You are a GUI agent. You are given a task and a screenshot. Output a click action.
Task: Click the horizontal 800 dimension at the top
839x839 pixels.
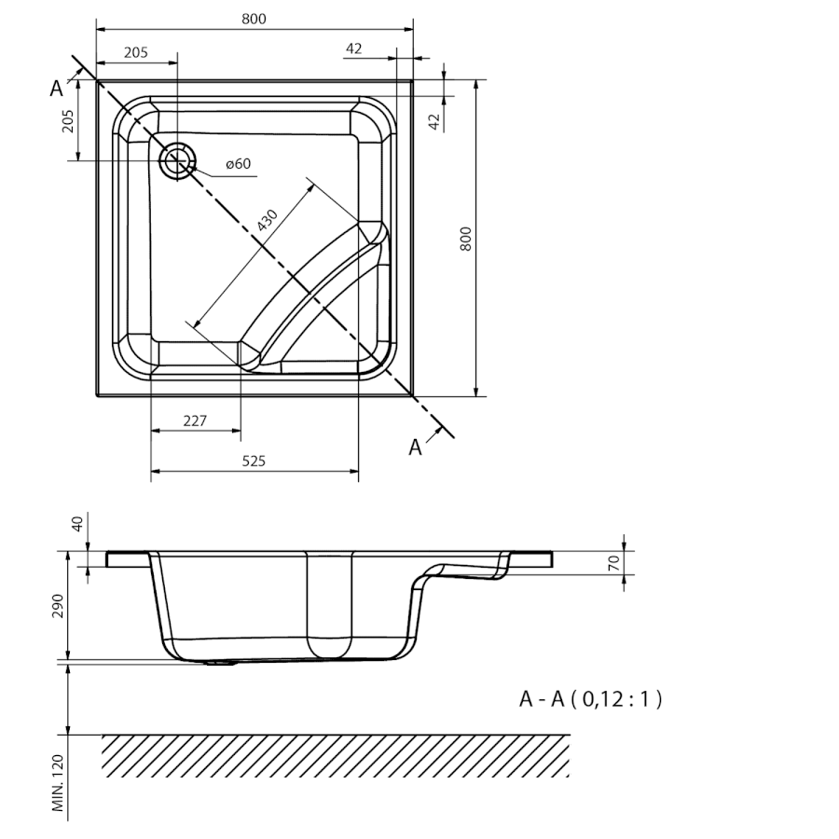coord(254,20)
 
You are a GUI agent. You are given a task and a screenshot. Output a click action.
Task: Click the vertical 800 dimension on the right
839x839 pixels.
coord(466,239)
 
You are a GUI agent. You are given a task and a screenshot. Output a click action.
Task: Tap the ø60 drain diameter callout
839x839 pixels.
coord(238,164)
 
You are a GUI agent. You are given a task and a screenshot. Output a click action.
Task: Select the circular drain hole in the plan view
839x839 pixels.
coord(178,160)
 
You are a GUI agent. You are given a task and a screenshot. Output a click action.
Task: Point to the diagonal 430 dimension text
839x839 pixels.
coord(267,220)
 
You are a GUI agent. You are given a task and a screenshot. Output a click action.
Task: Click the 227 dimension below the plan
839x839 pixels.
coord(195,421)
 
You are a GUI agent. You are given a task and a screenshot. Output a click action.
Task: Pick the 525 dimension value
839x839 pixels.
coord(254,461)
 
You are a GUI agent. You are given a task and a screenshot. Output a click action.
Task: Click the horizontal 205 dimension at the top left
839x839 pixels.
coord(136,52)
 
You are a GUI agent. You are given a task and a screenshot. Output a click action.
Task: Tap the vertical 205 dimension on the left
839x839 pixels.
coord(68,121)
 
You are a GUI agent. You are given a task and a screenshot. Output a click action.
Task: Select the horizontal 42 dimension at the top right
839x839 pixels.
coord(353,48)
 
